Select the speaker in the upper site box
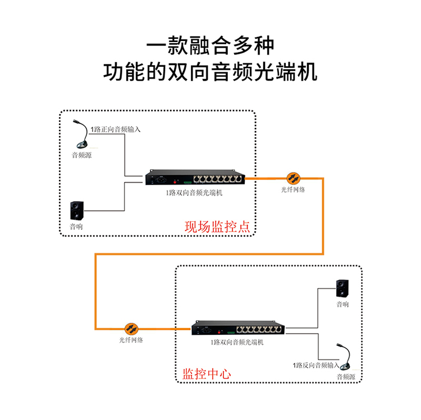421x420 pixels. point(77,211)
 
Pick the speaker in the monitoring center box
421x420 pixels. point(342,289)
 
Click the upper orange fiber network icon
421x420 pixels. point(293,178)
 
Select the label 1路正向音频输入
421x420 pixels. point(116,129)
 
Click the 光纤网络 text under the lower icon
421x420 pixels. point(130,340)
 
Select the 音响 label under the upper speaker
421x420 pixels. point(76,227)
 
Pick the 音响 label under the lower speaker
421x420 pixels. point(342,304)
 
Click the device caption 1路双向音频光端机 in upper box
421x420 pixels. point(195,193)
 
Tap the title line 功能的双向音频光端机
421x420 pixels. point(210,72)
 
